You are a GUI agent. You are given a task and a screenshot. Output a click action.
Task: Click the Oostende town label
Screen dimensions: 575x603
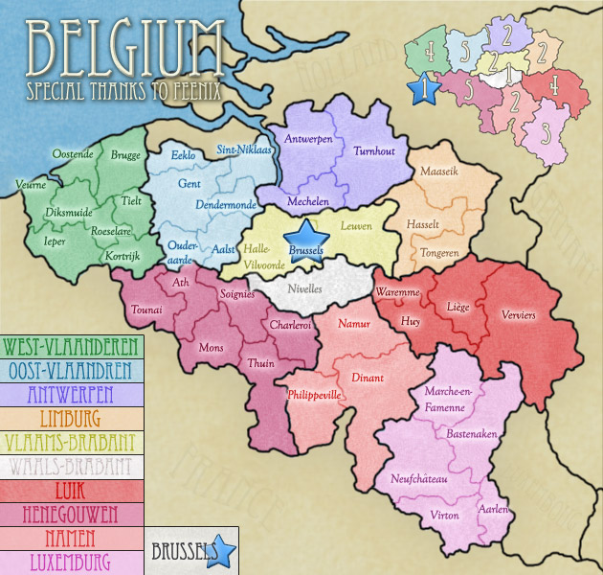click(x=73, y=154)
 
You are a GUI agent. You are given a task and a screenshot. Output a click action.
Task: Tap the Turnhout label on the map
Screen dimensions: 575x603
click(x=374, y=151)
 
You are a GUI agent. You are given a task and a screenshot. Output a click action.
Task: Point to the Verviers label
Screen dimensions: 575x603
click(x=518, y=314)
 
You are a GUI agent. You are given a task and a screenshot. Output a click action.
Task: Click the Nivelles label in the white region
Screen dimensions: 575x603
click(x=305, y=288)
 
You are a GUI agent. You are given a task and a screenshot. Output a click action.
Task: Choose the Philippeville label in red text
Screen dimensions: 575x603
click(x=314, y=394)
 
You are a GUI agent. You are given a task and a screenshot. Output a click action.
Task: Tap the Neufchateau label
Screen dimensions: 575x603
click(x=419, y=478)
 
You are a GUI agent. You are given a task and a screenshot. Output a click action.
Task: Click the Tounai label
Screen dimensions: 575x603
click(x=146, y=310)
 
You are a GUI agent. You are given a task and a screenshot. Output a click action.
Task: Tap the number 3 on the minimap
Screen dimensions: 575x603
click(x=545, y=132)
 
